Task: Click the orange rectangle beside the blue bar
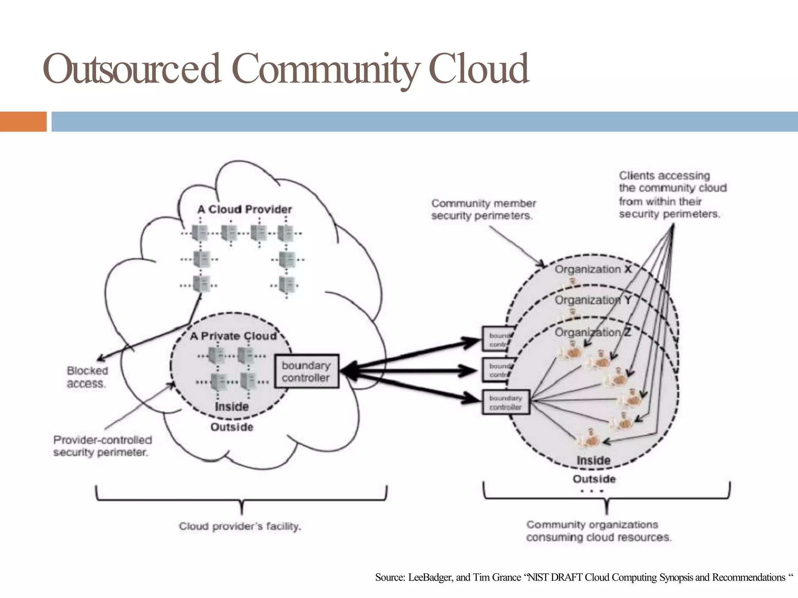[23, 121]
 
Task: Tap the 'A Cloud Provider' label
[244, 209]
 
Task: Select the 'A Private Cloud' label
[233, 336]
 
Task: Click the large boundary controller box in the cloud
[306, 371]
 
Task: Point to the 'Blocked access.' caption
[87, 377]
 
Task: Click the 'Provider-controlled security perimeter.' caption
[102, 446]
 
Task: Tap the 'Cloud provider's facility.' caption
[240, 526]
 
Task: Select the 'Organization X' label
[593, 269]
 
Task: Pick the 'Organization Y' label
[593, 300]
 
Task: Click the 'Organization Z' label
[593, 332]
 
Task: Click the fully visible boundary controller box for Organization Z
[506, 402]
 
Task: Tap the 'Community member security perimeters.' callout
[483, 209]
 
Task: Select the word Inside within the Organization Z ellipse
[593, 460]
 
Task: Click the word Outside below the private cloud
[232, 427]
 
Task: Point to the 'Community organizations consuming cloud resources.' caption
[598, 531]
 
